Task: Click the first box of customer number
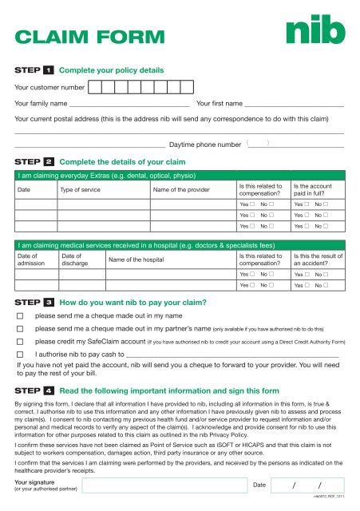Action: [x=94, y=86]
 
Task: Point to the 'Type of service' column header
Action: [x=82, y=189]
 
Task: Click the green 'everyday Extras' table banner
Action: [x=180, y=175]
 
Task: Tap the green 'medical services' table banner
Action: [x=180, y=245]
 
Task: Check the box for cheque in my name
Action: [x=22, y=316]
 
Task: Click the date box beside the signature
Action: [x=308, y=486]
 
